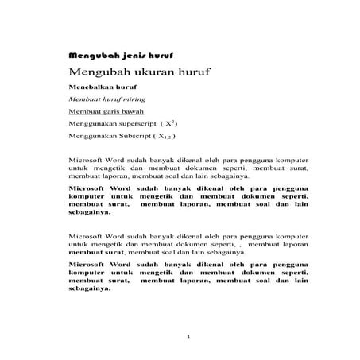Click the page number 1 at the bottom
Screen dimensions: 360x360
(188, 337)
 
